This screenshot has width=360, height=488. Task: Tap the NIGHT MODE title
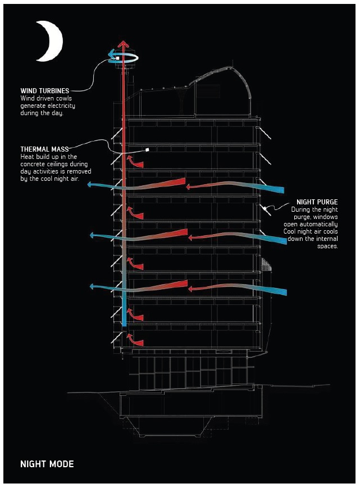coord(47,464)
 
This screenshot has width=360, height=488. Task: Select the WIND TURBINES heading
coord(45,91)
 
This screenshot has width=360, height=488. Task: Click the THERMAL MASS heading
coord(44,149)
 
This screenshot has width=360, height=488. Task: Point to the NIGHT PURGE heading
coord(317,202)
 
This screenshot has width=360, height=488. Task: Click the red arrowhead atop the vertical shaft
coord(123,44)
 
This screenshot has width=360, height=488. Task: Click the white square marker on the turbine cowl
coord(118,58)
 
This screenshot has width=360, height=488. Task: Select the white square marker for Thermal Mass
coord(147,150)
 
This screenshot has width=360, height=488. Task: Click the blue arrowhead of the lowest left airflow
coord(92,286)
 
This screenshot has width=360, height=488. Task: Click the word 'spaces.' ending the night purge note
coord(327,246)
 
